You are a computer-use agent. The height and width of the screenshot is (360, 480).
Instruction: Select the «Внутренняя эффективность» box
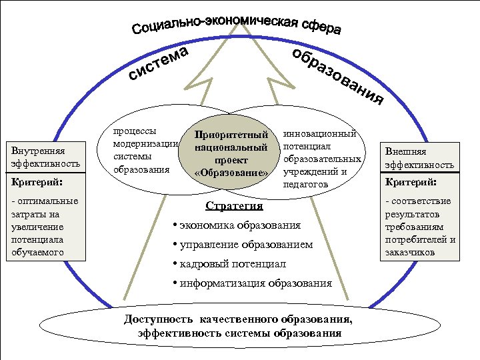point(45,157)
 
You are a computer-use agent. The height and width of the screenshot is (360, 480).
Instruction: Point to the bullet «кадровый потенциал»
point(231,264)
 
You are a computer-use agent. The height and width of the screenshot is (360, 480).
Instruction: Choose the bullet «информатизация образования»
point(254,283)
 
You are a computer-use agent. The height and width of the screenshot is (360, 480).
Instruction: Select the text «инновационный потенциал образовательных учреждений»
point(323,153)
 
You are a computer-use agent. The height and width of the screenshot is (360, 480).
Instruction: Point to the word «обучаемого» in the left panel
point(37,253)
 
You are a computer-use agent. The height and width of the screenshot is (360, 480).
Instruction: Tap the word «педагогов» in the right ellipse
point(306,184)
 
